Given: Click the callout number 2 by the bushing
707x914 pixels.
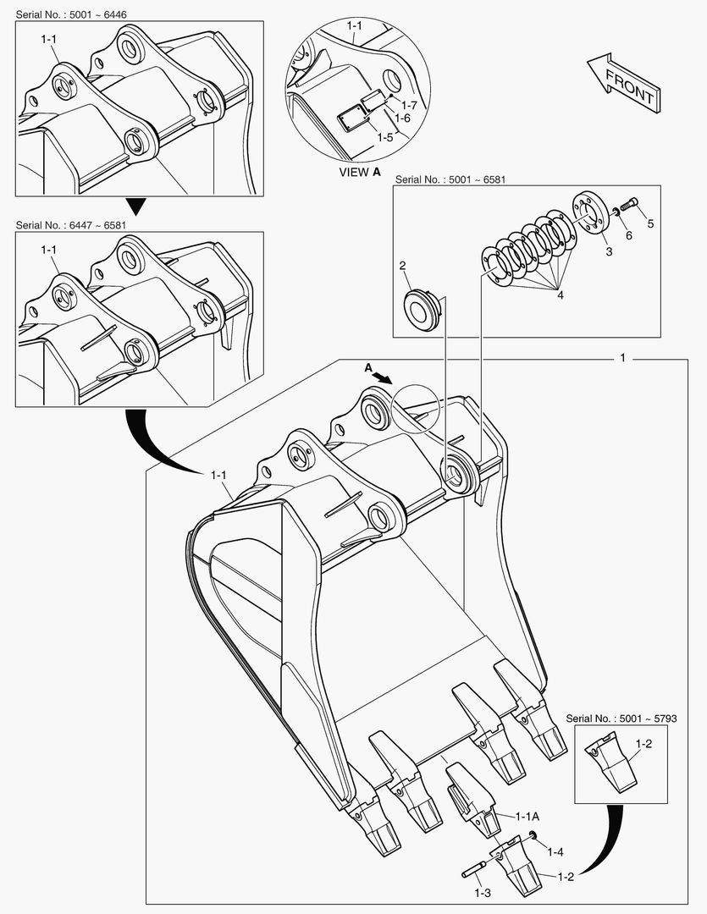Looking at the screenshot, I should pos(403,266).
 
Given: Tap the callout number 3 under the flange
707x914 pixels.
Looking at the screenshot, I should pos(607,251).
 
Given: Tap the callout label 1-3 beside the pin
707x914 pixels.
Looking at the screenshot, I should pos(483,894).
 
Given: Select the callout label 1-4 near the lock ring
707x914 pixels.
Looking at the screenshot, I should pos(555,851).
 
